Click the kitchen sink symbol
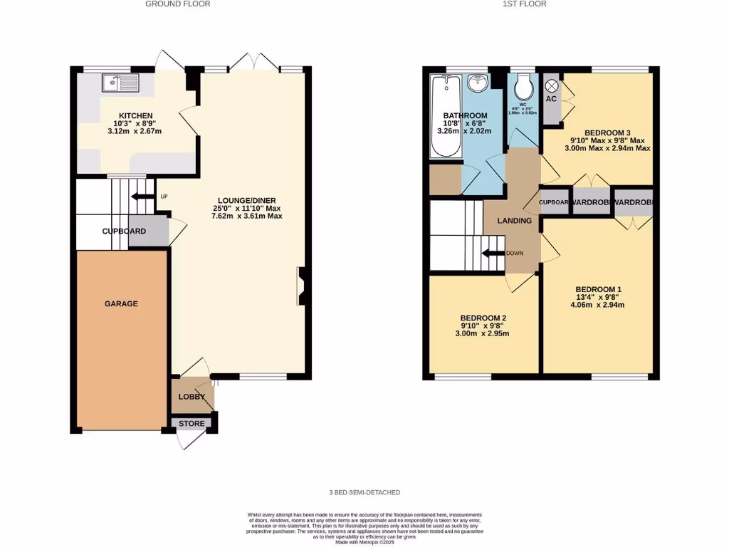tap(120, 83)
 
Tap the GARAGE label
tap(121, 303)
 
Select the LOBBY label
tap(192, 397)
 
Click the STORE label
tap(192, 424)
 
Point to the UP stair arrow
tap(143, 197)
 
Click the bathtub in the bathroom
tap(446, 117)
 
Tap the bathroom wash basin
tap(476, 84)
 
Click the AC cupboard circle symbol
tap(551, 85)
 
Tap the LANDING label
tap(515, 221)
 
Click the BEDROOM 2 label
tap(483, 318)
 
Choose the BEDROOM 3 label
tap(607, 133)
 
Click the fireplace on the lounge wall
tap(303, 286)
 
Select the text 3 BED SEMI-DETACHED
tap(364, 492)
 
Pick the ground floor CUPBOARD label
tap(124, 231)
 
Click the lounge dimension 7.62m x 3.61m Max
tap(243, 215)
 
